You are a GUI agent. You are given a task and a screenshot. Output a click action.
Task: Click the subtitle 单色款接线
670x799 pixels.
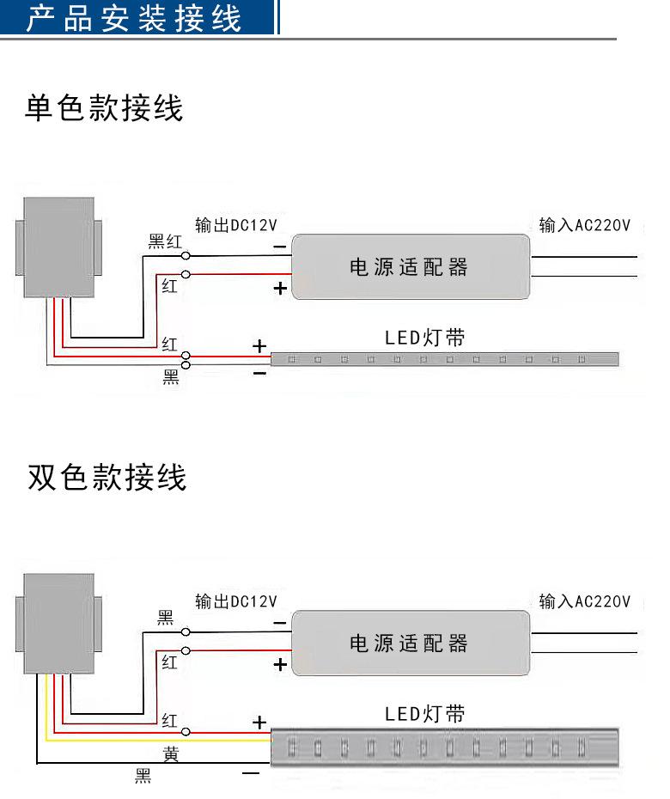[x=104, y=109]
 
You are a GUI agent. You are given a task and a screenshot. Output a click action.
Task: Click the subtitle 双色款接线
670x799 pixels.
[x=107, y=478]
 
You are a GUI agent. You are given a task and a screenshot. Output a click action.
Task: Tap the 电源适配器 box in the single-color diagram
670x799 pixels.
[x=410, y=267]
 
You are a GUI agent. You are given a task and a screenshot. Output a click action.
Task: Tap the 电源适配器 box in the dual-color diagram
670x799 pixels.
[x=410, y=643]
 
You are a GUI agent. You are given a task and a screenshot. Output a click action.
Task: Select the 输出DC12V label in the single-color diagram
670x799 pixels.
[x=236, y=226]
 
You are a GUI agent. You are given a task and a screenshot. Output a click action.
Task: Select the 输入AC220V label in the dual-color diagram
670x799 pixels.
[x=585, y=601]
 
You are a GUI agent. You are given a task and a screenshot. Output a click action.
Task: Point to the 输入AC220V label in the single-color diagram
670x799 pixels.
[x=585, y=226]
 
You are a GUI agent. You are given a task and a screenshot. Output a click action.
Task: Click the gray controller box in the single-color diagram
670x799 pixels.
[x=58, y=247]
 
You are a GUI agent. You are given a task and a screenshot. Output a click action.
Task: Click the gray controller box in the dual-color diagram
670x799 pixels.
[x=58, y=623]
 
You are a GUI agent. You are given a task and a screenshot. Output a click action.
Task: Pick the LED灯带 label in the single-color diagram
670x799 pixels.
[x=424, y=338]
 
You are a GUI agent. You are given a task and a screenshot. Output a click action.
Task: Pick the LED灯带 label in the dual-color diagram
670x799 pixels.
[x=424, y=714]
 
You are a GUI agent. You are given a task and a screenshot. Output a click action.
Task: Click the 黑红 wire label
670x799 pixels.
[x=166, y=241]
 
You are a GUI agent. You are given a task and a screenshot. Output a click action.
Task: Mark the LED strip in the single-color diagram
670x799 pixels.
[x=444, y=357]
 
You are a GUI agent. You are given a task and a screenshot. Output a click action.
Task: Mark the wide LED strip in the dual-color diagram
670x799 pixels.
[x=444, y=747]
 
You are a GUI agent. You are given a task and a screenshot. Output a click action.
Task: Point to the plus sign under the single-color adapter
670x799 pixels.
[x=280, y=289]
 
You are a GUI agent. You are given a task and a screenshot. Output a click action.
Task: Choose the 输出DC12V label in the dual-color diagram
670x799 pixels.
[x=236, y=601]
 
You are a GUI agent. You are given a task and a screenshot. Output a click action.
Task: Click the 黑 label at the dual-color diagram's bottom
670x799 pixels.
[x=143, y=777]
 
